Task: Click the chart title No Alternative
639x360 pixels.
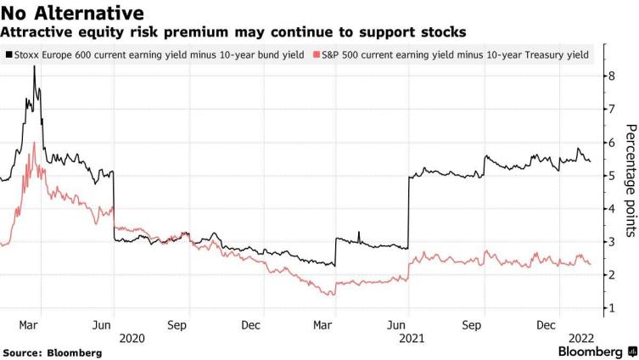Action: (x=71, y=13)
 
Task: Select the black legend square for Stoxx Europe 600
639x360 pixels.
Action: (x=8, y=55)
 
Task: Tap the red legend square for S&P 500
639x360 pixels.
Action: (x=317, y=55)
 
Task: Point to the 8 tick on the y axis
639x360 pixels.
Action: (x=610, y=76)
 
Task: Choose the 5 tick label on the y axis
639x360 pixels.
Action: (x=610, y=176)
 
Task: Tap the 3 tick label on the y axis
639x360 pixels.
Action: (x=610, y=242)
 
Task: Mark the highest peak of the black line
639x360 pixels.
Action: (x=34, y=66)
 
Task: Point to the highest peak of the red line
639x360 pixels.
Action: (x=34, y=143)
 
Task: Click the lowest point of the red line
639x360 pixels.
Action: (x=331, y=295)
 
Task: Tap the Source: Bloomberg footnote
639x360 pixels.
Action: (x=52, y=352)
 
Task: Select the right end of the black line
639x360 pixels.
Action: (x=590, y=160)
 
